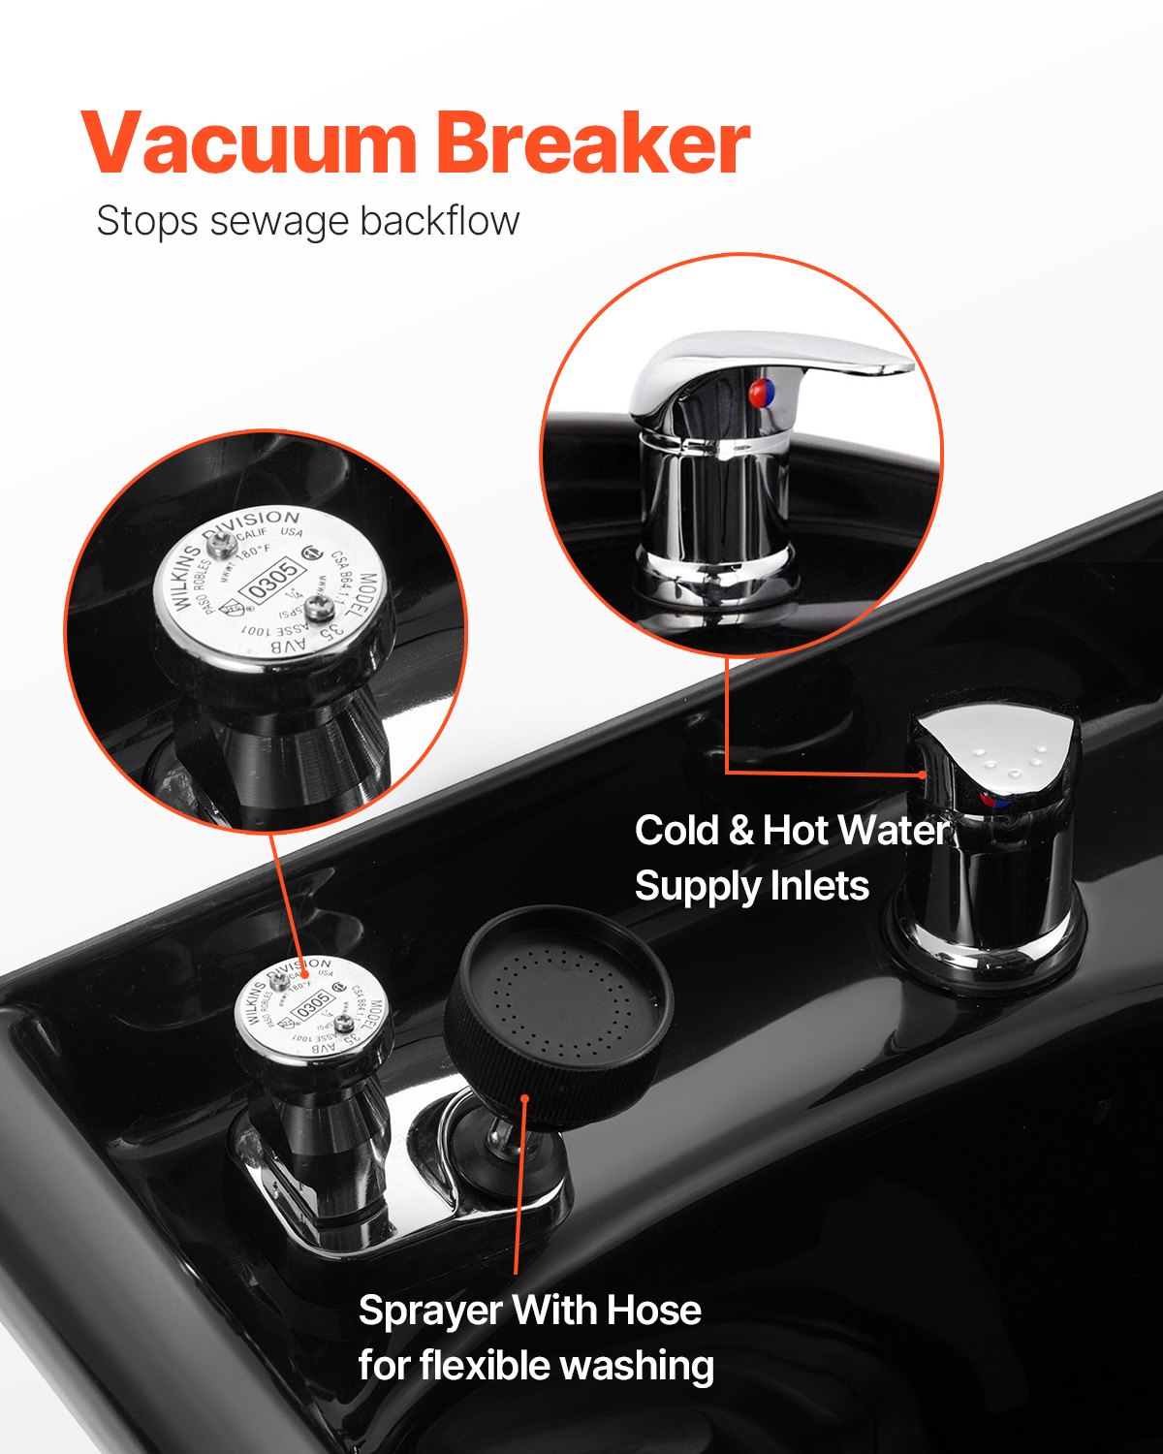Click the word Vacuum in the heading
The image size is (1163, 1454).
point(249,144)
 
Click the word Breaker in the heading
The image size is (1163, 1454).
point(593,144)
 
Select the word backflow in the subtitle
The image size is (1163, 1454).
point(440,220)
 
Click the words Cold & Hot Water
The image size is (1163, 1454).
point(791,831)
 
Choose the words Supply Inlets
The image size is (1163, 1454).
point(752,886)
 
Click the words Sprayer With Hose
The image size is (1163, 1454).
point(530,1311)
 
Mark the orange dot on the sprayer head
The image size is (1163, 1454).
point(524,1098)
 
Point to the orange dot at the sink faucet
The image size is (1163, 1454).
point(923,774)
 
